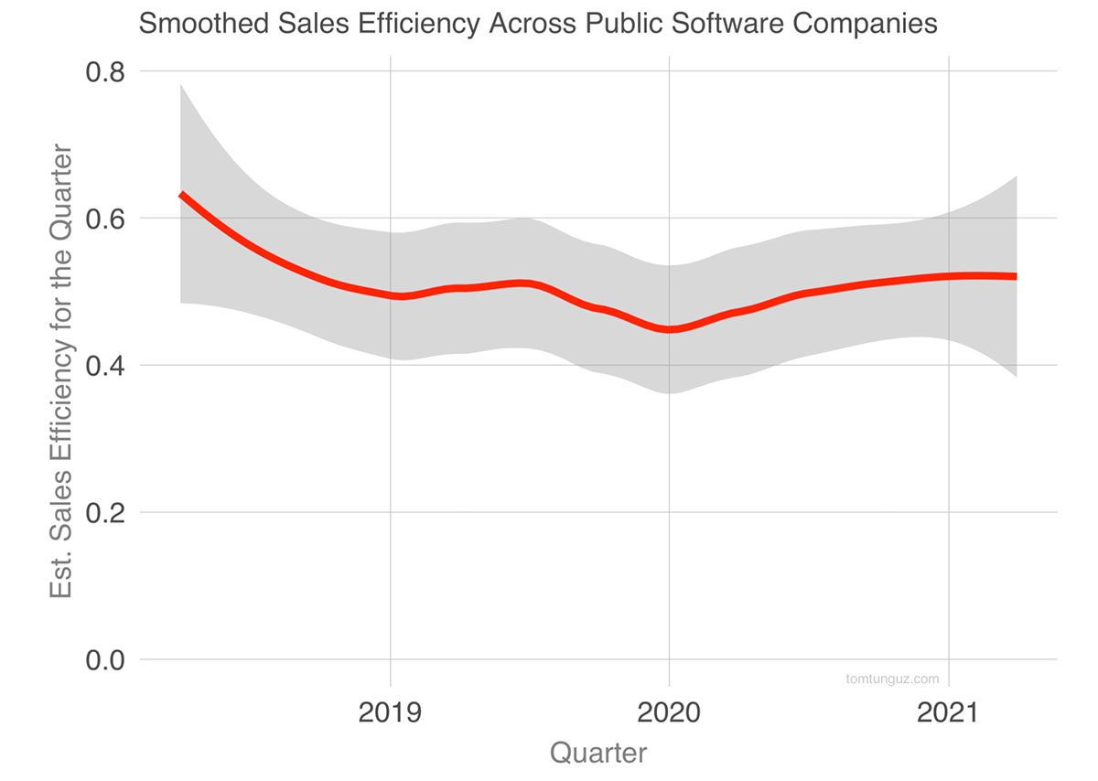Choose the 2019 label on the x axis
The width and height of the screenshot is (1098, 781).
point(391,712)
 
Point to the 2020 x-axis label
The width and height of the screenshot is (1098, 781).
point(670,712)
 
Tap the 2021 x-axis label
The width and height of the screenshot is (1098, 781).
point(949,712)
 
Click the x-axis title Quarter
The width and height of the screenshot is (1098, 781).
point(598,754)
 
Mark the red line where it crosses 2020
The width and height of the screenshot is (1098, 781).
point(670,330)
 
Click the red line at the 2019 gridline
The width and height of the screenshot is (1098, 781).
point(391,295)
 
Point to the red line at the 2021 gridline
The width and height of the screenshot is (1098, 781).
point(949,275)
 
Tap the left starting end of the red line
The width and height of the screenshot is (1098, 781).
point(182,195)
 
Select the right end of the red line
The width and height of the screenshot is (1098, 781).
point(1014,276)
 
